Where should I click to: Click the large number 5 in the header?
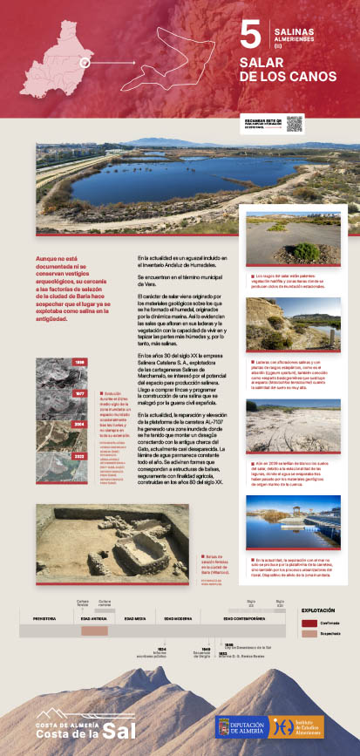coord(250,36)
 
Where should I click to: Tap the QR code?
coord(293,124)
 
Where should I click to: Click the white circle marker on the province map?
coord(85,62)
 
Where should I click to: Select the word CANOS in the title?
coord(308,77)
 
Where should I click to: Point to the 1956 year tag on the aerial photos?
coord(79,337)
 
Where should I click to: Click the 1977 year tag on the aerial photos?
coord(79,368)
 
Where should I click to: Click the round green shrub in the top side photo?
coord(305,252)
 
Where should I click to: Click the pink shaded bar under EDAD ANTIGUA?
coord(94,630)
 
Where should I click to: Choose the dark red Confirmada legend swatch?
coord(309,623)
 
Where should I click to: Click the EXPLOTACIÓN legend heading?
coord(318,610)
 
